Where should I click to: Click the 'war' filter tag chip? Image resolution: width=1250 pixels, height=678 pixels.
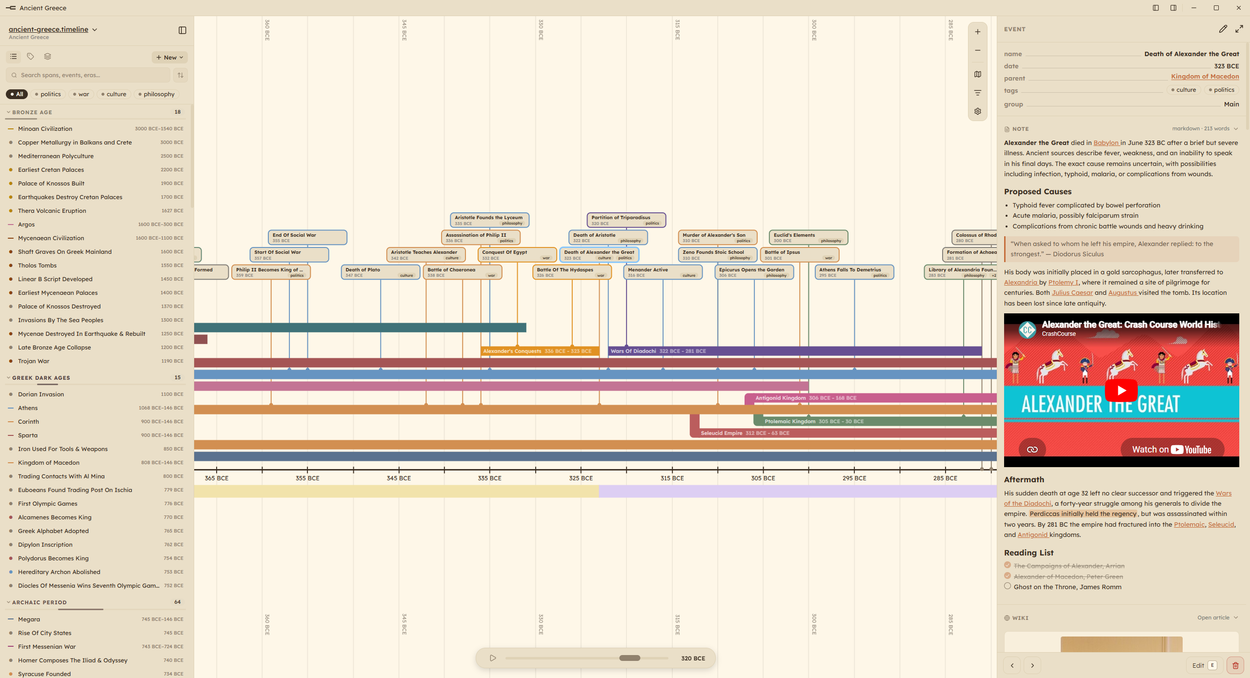[x=81, y=94]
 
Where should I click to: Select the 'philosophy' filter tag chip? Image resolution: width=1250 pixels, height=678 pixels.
[x=156, y=94]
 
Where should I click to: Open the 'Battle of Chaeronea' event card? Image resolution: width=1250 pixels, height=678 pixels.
[x=462, y=272]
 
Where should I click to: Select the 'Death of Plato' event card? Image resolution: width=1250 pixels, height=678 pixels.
[x=381, y=272]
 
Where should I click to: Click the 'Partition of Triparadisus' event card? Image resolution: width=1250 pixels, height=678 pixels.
[x=626, y=220]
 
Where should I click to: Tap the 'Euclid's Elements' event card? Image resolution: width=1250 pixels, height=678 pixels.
[x=808, y=238]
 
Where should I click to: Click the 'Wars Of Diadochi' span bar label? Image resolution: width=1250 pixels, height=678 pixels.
[x=633, y=351]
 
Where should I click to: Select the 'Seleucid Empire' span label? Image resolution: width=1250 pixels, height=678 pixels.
[x=721, y=433]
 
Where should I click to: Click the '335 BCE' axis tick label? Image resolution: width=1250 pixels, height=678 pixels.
[x=489, y=478]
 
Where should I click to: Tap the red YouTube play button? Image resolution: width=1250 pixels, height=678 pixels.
[x=1121, y=390]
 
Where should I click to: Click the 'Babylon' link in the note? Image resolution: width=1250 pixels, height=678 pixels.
[x=1106, y=143]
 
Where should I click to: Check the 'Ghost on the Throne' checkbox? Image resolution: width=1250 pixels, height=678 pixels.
[x=1008, y=586]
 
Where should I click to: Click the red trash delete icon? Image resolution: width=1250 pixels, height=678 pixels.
[x=1235, y=665]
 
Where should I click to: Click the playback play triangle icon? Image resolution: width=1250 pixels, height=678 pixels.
[x=493, y=658]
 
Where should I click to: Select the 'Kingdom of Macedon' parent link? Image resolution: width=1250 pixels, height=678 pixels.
[x=1205, y=77]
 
